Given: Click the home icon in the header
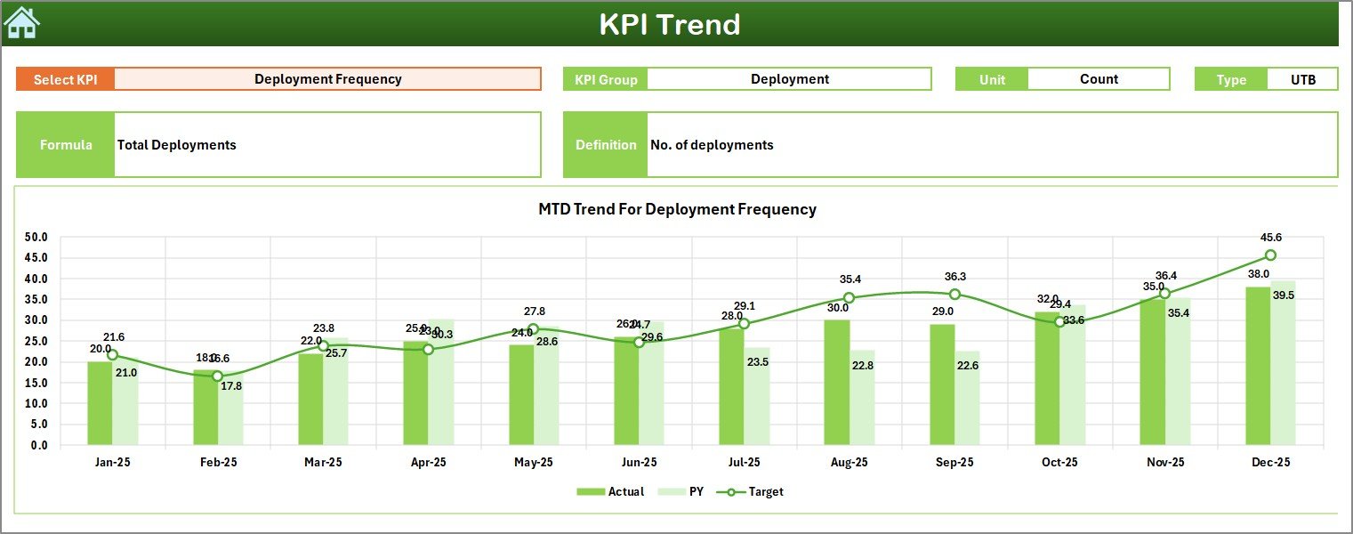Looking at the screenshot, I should coord(21,22).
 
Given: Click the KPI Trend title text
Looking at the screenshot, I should coord(669,24).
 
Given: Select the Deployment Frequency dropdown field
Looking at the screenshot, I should coord(327,79).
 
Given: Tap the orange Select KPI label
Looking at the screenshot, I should coord(65,79).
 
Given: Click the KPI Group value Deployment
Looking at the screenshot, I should coord(789,79).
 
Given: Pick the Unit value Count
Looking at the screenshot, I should coord(1099,79).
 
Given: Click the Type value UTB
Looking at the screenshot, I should coord(1302,79).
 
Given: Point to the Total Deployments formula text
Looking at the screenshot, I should coord(177,145).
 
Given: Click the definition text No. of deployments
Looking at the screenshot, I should coord(712,145).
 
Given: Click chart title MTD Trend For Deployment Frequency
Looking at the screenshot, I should coord(677,209).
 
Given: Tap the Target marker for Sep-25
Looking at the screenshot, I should coord(954,295).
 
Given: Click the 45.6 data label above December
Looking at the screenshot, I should coord(1271,238).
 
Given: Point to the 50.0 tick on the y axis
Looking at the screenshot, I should coord(36,238).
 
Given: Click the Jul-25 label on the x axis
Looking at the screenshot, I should coord(744,463).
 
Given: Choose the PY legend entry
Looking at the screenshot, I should coord(687,491).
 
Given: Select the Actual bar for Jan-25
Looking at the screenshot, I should coord(100,402).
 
